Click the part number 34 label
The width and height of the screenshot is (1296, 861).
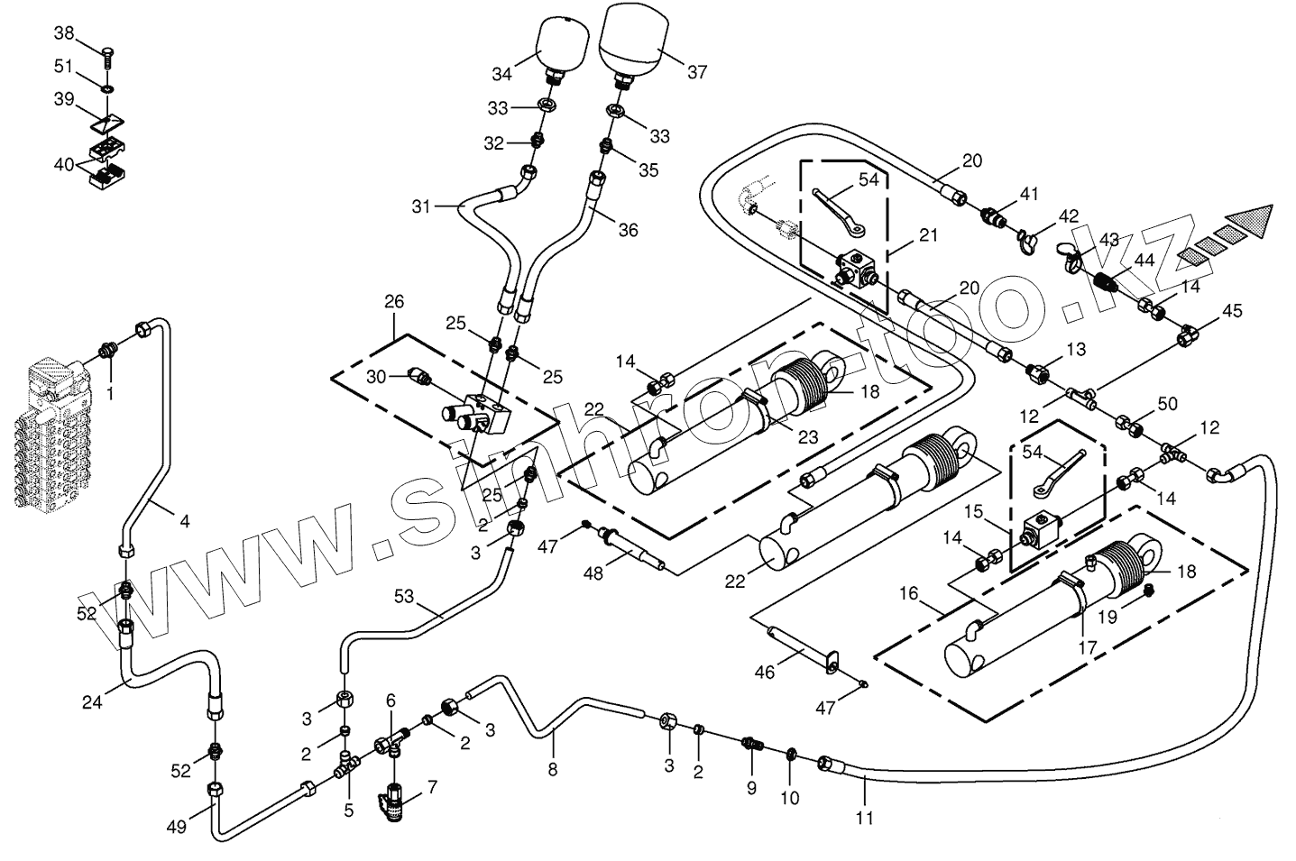[x=501, y=73]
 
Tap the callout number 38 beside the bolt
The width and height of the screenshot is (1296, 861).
[x=65, y=33]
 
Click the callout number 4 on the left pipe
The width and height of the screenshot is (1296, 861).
[x=185, y=520]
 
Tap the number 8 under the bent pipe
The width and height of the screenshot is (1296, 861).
[x=552, y=769]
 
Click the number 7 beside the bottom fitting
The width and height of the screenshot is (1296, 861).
[x=432, y=787]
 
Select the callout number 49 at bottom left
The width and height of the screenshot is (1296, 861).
[x=177, y=826]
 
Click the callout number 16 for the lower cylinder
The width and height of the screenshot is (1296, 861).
[x=908, y=593]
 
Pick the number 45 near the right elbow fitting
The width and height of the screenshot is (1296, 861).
[x=1231, y=311]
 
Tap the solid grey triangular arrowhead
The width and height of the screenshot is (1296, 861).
[x=1253, y=220]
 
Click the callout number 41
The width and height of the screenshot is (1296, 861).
[x=1030, y=194]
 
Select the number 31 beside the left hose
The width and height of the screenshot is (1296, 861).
[x=422, y=206]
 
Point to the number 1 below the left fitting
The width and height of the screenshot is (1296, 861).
[x=110, y=393]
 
